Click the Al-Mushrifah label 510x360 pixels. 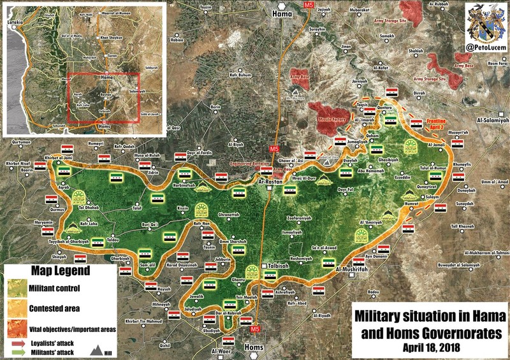pos(350,270)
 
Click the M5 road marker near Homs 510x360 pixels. pos(255,329)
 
